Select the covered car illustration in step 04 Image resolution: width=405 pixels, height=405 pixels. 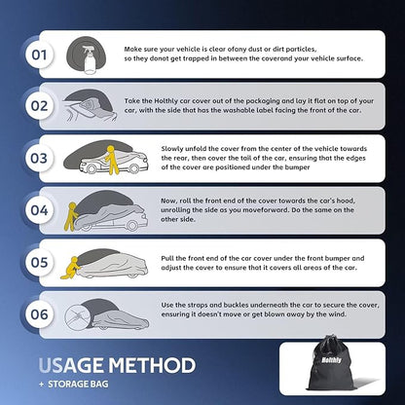[x=109, y=212]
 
